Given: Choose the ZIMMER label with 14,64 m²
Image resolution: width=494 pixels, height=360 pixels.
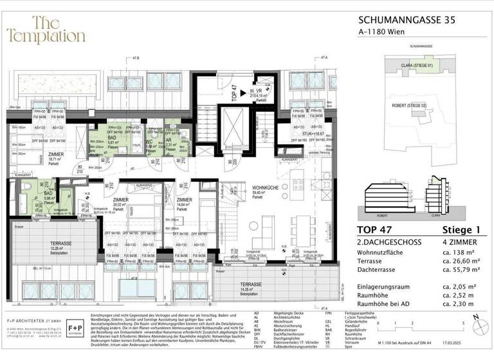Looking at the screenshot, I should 183,203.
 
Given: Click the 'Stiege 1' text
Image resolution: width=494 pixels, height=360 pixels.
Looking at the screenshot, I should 462,231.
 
